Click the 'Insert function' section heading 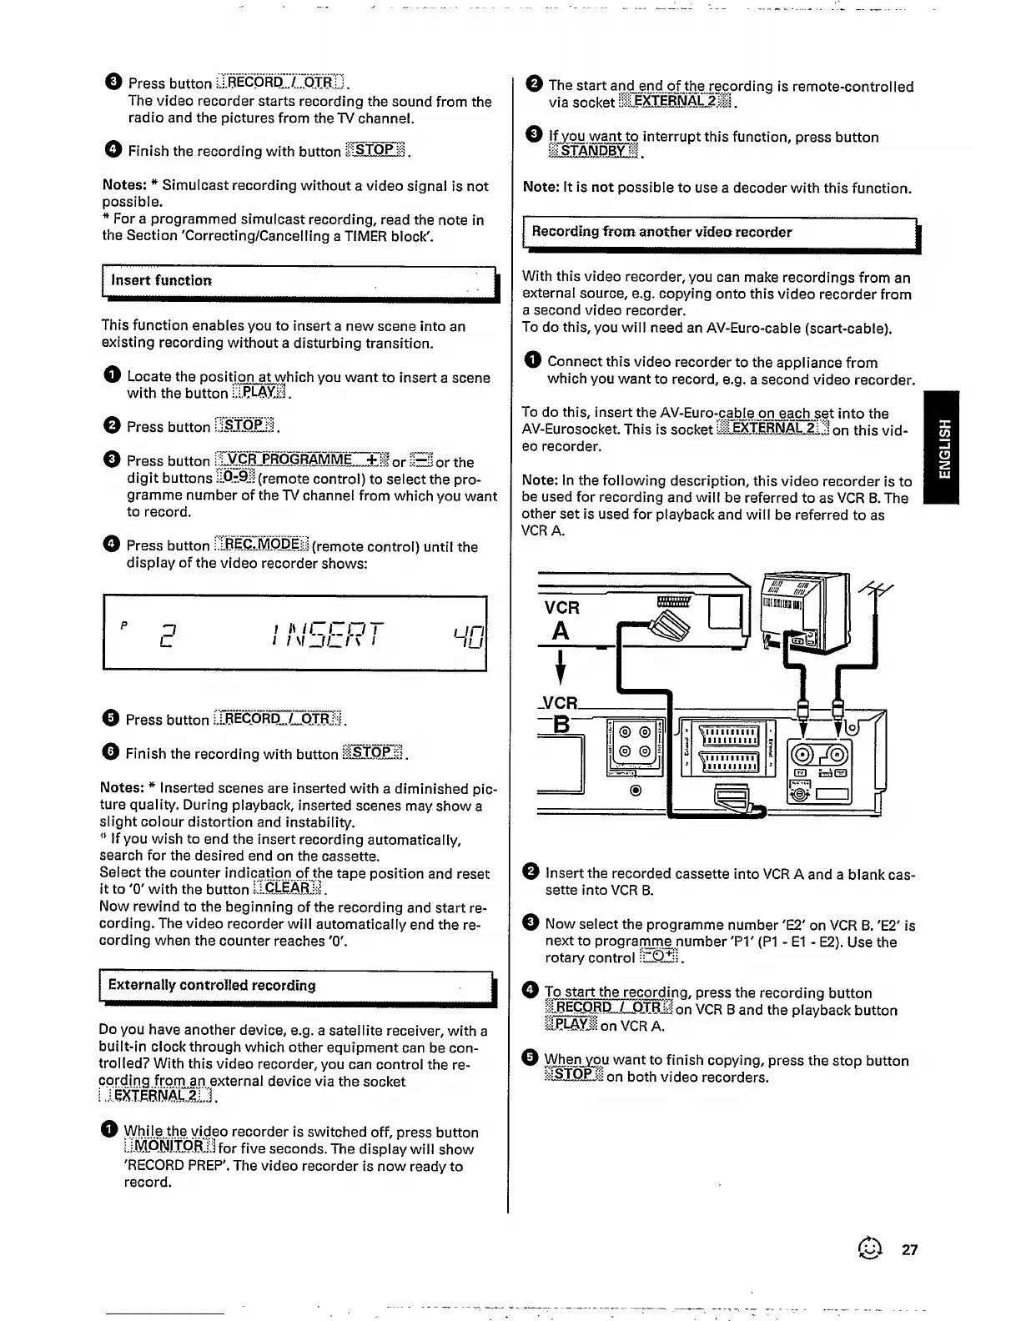click(162, 281)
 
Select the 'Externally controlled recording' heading click(212, 985)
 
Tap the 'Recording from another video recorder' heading click(661, 232)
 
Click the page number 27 click(909, 1249)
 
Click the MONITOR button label click(170, 1149)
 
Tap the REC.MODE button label click(261, 545)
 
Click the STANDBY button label click(593, 153)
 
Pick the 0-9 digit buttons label click(236, 478)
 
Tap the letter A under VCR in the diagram click(561, 631)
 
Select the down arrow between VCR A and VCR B click(562, 667)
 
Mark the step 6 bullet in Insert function click(111, 752)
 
